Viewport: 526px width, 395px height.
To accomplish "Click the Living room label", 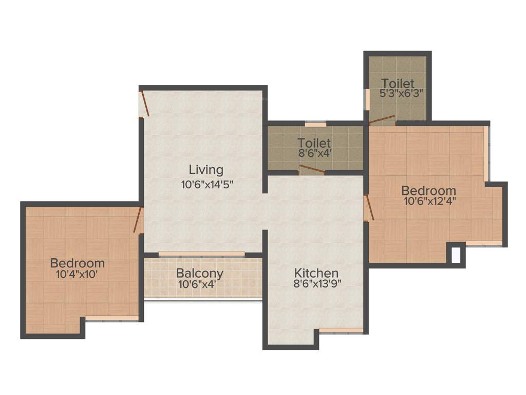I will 206,170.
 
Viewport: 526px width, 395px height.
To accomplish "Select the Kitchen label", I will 316,273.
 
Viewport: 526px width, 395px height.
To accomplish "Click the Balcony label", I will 200,273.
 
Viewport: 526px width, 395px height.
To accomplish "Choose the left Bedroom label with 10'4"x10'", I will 78,263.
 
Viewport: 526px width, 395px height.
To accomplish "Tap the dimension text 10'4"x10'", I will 77,274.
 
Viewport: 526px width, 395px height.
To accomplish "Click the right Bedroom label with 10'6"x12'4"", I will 428,191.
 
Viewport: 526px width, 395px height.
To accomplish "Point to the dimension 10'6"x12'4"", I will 429,201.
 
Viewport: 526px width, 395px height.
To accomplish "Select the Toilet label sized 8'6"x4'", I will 314,143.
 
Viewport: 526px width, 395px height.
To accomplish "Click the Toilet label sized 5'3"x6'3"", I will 398,83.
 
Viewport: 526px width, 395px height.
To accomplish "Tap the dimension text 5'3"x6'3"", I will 401,94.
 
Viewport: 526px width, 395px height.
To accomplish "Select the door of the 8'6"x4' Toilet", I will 312,169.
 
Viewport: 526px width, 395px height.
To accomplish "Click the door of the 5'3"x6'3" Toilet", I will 382,120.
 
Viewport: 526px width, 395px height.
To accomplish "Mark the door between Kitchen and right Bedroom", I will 368,208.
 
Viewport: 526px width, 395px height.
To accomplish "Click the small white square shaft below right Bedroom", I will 456,255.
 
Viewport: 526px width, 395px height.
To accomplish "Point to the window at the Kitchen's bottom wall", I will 341,330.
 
